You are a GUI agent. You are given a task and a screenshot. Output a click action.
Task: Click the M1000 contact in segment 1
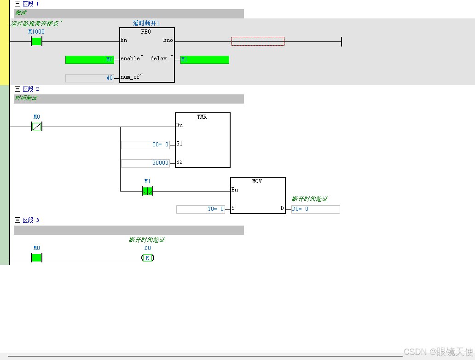click(36, 41)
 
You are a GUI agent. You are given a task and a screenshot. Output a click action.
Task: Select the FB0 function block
click(147, 55)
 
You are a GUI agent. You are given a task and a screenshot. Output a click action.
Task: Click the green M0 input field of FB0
click(90, 59)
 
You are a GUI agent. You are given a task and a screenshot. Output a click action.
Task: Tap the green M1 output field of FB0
click(204, 59)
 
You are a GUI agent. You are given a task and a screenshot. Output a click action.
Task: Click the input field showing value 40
click(90, 78)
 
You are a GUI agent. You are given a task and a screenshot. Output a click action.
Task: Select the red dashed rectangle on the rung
click(258, 41)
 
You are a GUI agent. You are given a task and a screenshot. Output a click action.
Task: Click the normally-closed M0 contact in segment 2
click(36, 126)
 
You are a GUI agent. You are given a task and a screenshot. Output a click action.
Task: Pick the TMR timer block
click(203, 140)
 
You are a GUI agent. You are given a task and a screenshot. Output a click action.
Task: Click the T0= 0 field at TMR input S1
click(145, 145)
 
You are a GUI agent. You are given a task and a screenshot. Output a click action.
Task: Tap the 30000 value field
click(145, 163)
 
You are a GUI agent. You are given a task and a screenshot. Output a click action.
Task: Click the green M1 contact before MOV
click(147, 191)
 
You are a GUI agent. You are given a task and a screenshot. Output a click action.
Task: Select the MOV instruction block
click(258, 195)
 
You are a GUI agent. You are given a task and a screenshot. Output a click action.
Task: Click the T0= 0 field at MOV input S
click(201, 209)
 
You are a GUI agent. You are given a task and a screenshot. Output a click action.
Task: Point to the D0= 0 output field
click(315, 209)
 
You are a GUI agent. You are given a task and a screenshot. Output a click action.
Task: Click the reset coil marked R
click(147, 258)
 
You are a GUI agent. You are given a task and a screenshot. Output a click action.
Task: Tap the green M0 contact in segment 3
click(36, 258)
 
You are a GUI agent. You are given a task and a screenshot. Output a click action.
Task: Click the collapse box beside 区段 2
click(17, 89)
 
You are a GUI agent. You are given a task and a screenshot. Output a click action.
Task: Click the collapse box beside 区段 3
click(17, 220)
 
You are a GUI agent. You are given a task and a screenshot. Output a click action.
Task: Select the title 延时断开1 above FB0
click(146, 23)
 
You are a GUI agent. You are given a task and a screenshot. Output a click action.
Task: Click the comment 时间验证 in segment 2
click(26, 98)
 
